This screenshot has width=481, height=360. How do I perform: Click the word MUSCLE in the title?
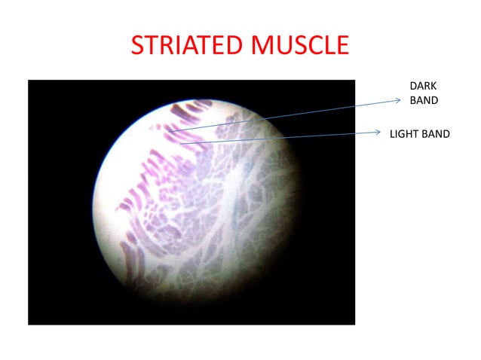pos(299,46)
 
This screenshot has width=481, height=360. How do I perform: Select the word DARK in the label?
pos(422,87)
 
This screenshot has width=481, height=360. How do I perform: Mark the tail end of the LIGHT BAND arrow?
pos(180,142)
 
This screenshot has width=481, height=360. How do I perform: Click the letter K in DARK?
pos(434,87)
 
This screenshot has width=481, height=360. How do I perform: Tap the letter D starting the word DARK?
pos(412,87)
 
